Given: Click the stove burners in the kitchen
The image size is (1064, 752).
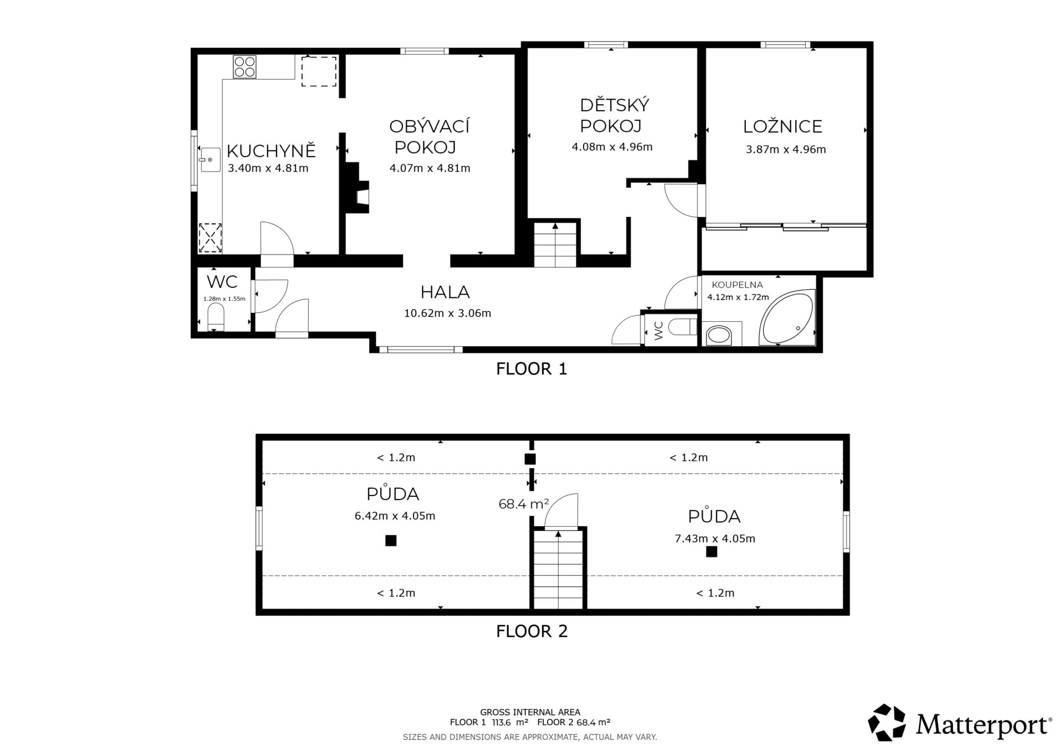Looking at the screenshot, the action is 245,67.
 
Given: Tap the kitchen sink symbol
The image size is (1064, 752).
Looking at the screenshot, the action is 211,159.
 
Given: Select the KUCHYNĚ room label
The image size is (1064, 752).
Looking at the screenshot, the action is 271,151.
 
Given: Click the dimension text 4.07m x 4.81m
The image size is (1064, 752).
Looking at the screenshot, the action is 430,168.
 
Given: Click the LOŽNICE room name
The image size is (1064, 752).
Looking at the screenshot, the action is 782,126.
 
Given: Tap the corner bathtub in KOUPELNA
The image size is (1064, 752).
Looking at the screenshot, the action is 786,317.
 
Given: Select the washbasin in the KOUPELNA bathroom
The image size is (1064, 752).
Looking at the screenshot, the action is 719,335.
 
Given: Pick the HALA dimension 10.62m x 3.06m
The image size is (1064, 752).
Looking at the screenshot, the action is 448,313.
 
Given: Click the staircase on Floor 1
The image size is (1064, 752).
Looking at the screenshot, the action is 555,244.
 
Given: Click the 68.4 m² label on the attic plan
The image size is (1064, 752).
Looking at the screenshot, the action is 524,504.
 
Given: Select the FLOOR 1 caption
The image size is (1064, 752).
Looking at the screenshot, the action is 532,369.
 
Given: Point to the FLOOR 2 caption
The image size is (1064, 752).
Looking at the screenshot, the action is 532,631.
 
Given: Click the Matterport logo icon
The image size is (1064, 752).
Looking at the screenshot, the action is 887,723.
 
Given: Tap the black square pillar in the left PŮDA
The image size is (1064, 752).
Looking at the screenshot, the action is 391,540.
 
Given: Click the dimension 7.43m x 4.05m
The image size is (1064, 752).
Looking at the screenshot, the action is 715,538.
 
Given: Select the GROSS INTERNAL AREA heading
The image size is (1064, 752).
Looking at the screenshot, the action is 530,712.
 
